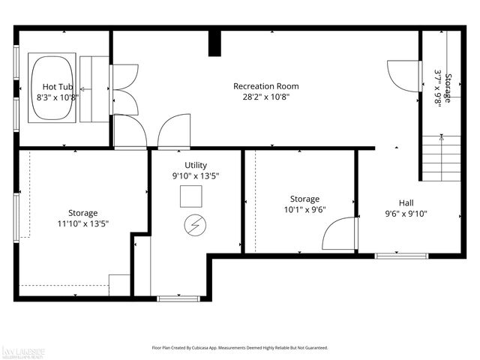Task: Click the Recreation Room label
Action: [261, 86]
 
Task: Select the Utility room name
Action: [196, 165]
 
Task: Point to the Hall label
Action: [406, 202]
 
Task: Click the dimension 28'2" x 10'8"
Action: [261, 97]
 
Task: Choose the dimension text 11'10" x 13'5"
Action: [83, 223]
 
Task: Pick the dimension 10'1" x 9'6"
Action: [304, 209]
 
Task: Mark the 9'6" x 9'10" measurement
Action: [406, 213]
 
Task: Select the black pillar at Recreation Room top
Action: [215, 43]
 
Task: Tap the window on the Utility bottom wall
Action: [178, 298]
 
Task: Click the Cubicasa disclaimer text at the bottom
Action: [240, 348]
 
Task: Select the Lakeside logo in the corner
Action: [22, 350]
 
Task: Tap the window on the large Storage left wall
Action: [16, 217]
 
